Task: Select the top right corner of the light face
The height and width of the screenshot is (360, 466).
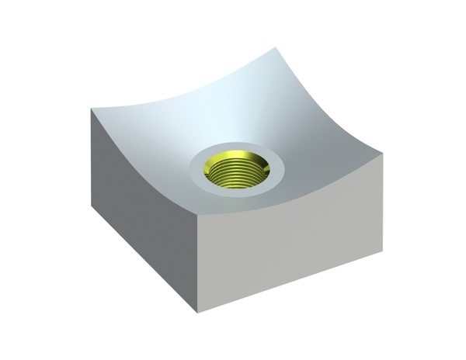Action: point(381,152)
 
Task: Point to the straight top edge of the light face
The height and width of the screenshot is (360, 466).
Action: point(291,183)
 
